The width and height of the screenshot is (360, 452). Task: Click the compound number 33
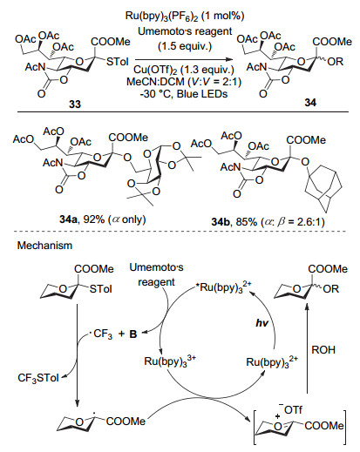coord(75,105)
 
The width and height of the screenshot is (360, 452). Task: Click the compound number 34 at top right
coord(310,103)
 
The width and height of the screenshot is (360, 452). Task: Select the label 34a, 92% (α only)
coord(103,219)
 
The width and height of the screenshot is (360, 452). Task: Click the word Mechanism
coord(44,246)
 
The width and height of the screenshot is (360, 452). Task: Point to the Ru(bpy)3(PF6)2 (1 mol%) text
coord(185,16)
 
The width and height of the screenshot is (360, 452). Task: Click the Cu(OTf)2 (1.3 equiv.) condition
coord(184,70)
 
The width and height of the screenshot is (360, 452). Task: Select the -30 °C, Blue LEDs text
coord(184,94)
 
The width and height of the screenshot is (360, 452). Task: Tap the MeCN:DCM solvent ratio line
coord(184,82)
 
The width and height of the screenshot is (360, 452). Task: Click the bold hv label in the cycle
coord(262,323)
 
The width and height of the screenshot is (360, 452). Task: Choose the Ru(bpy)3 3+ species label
coord(170,361)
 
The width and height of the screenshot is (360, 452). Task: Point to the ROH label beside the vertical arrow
coord(323,350)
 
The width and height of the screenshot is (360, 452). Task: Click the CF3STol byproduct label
coord(38,378)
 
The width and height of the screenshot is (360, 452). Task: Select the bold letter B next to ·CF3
coord(133,334)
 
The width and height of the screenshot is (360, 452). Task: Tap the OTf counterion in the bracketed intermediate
coord(293,409)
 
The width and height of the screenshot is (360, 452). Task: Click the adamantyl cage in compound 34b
coord(323,190)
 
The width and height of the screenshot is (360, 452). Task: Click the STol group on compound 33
coord(118,62)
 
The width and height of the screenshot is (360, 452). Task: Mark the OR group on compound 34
coord(336,62)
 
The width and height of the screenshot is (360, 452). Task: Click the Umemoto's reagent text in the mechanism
coord(156,274)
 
